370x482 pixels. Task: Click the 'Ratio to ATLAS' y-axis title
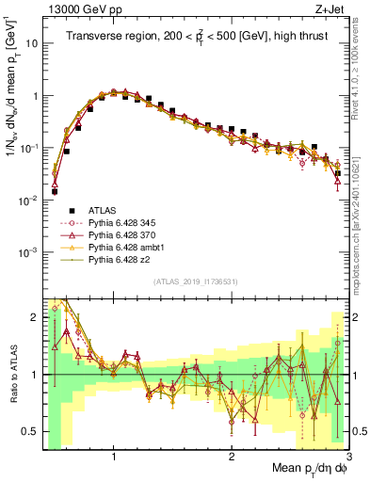coord(13,374)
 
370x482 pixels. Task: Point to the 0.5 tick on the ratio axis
coord(30,431)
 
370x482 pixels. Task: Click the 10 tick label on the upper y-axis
coord(31,44)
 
